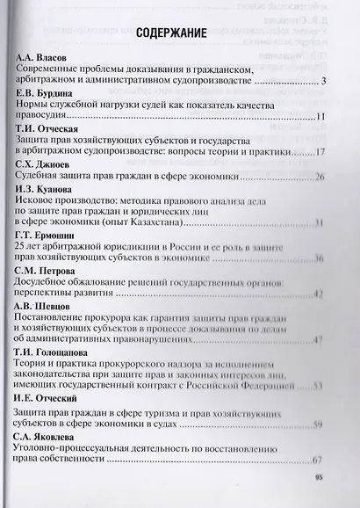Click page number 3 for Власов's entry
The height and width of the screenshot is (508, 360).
click(324, 82)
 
